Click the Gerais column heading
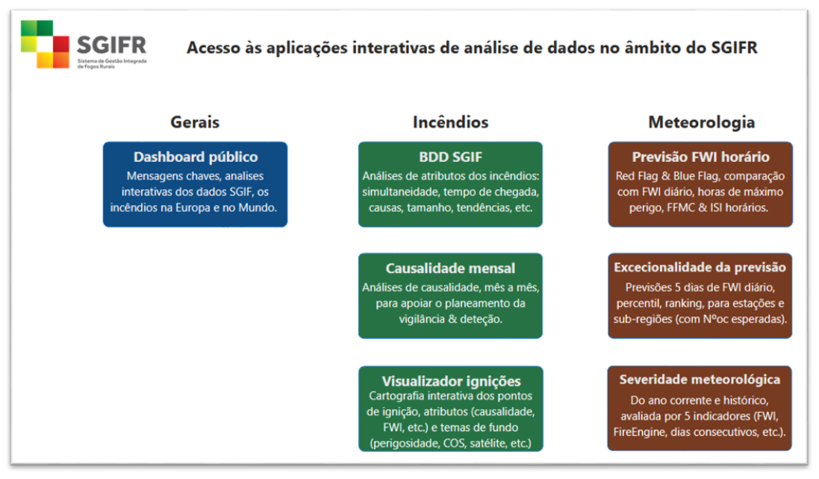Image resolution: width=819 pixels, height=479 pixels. pos(195,122)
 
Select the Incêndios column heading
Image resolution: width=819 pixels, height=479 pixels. pos(450,122)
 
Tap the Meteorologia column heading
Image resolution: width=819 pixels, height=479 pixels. pos(701,122)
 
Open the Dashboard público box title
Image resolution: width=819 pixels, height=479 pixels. pos(196,157)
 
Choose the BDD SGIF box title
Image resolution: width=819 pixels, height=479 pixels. pos(450,157)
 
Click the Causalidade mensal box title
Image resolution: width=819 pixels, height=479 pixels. pos(450,268)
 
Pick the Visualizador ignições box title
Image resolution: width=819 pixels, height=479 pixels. pos(451,381)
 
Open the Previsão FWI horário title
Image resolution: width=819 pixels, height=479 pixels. pos(700,157)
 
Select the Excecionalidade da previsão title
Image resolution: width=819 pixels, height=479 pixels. pos(700,267)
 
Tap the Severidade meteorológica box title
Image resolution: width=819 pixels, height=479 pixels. pos(700,379)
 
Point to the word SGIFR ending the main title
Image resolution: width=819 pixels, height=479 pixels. pos(735,48)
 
